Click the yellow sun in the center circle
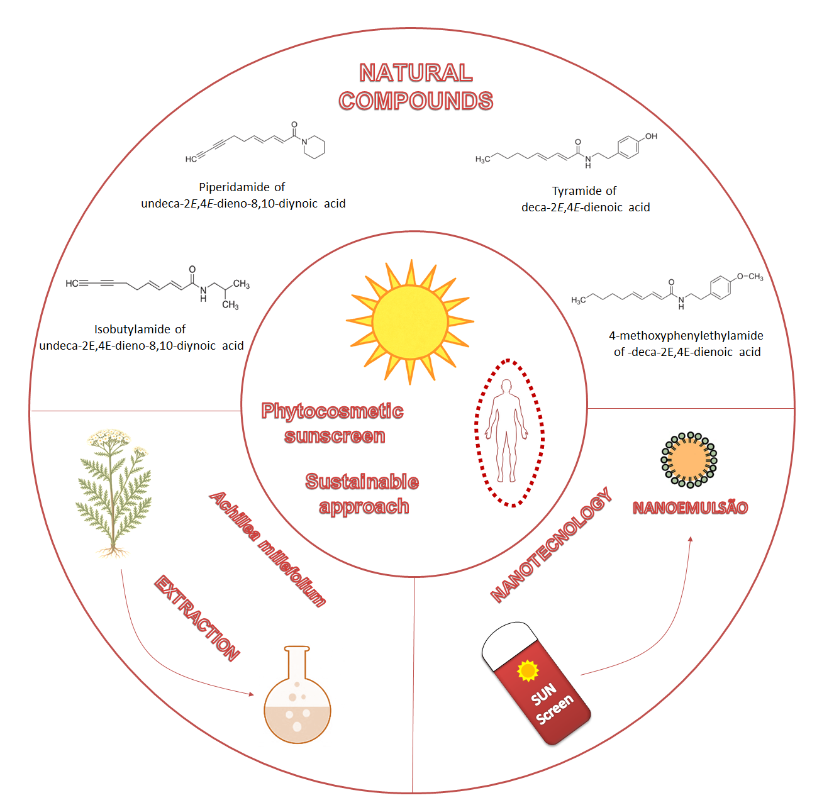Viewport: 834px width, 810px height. coord(409,321)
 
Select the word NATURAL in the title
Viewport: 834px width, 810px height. coord(416,73)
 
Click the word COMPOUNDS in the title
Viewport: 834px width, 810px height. coord(416,101)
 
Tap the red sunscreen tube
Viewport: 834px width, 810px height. coord(537,682)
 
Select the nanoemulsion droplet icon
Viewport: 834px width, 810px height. coord(689,460)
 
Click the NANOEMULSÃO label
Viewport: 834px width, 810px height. coord(690,508)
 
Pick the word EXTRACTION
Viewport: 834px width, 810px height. coord(197,618)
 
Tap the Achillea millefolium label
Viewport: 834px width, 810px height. coord(268,549)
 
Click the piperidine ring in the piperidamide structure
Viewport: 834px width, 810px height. coord(314,147)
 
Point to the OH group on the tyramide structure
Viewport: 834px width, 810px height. coord(650,136)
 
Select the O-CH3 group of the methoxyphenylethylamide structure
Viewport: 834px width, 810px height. coord(750,277)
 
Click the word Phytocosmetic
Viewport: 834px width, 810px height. coord(332,411)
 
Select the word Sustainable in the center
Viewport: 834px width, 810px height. coord(362,482)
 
